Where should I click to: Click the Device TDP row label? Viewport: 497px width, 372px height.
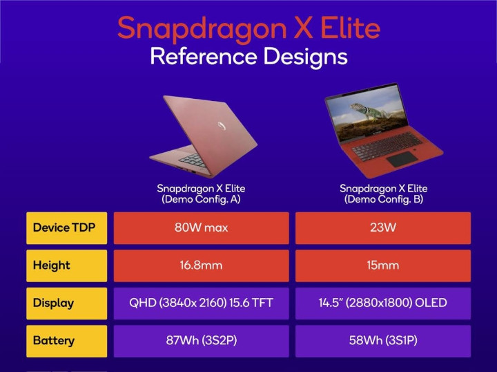click(x=66, y=228)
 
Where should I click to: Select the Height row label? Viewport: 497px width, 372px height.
click(x=66, y=266)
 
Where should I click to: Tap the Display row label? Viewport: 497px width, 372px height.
click(x=66, y=303)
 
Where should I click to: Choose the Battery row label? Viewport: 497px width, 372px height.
click(x=66, y=340)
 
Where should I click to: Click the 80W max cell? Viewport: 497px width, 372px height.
click(x=201, y=228)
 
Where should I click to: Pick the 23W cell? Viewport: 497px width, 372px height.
click(x=383, y=228)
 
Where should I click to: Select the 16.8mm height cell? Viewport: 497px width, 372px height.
click(x=201, y=266)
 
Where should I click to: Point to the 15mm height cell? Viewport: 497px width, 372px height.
click(x=383, y=266)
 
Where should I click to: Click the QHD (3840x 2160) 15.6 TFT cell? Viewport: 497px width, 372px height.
click(x=201, y=303)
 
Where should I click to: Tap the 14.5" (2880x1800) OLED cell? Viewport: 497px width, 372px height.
click(x=383, y=303)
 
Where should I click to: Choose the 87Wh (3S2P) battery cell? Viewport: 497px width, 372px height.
click(x=201, y=340)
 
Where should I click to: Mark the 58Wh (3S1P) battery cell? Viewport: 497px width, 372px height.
click(x=383, y=340)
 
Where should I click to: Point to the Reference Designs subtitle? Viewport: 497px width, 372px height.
click(x=248, y=57)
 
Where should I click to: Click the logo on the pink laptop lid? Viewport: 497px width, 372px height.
click(x=220, y=126)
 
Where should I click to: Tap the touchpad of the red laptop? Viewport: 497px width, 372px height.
click(x=400, y=159)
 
